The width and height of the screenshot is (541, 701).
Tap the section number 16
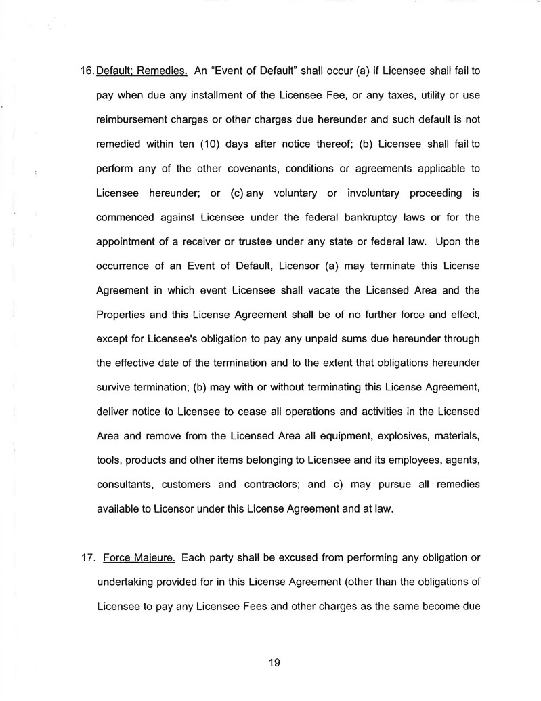tap(88, 70)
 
